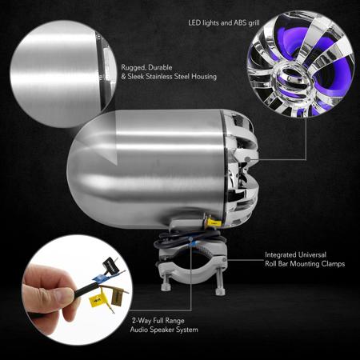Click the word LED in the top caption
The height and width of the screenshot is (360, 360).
point(194,23)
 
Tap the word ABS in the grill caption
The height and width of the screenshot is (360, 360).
point(240,23)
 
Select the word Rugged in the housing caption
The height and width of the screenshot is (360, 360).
point(134,68)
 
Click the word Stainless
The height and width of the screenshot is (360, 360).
point(159,77)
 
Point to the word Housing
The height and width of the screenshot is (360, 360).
point(204,77)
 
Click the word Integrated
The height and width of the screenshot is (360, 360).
point(281,255)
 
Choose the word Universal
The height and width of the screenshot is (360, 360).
point(313,254)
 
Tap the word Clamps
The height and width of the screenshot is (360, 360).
point(333,264)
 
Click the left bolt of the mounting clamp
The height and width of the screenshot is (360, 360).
point(164,282)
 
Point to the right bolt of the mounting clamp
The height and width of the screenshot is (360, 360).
point(220,282)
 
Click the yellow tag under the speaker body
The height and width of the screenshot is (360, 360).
point(214,222)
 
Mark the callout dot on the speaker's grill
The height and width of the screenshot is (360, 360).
point(248,159)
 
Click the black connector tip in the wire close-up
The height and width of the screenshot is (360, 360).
point(110,264)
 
